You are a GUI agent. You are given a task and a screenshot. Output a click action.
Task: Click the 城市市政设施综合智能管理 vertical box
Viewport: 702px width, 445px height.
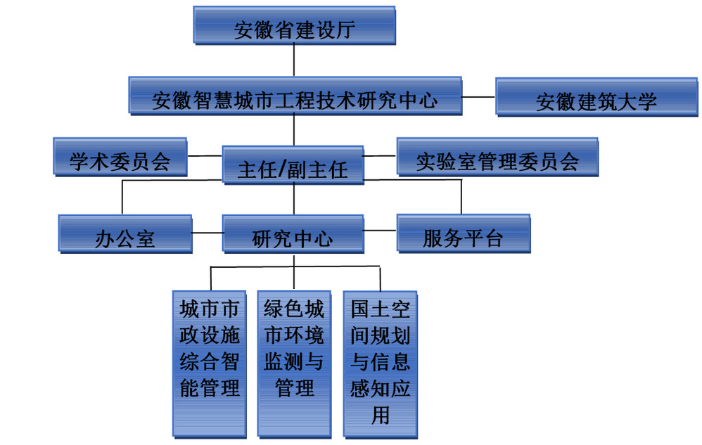(210, 362)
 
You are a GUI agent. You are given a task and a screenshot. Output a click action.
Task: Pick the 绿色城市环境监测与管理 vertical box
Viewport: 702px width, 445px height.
(294, 362)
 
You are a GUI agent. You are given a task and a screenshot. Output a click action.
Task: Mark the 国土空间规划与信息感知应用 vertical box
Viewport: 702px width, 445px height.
(380, 362)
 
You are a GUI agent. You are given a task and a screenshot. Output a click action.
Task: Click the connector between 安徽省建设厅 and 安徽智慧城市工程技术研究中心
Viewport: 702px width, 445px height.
(294, 60)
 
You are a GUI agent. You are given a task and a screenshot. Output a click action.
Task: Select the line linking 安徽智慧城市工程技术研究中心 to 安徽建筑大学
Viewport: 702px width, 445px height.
(479, 96)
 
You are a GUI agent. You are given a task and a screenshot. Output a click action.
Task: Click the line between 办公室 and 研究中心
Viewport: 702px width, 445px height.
(207, 232)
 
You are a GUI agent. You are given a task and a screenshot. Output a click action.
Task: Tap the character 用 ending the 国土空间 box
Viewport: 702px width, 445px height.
(380, 415)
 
